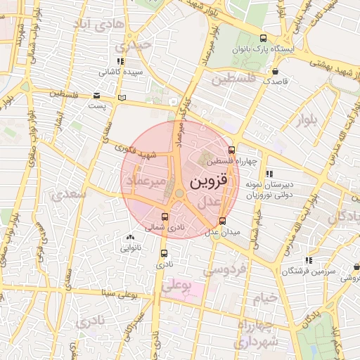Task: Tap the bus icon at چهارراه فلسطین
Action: pyautogui.click(x=232, y=150)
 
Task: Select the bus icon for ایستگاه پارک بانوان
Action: pyautogui.click(x=263, y=39)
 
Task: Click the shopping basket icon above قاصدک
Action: pyautogui.click(x=275, y=71)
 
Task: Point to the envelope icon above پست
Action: pyautogui.click(x=96, y=96)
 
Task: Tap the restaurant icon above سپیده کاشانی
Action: pyautogui.click(x=122, y=61)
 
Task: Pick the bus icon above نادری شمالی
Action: pyautogui.click(x=165, y=217)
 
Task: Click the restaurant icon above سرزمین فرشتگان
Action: pyautogui.click(x=309, y=261)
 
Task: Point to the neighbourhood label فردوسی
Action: pyautogui.click(x=224, y=269)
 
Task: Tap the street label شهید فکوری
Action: pyautogui.click(x=136, y=150)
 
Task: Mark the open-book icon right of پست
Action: pyautogui.click(x=123, y=98)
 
